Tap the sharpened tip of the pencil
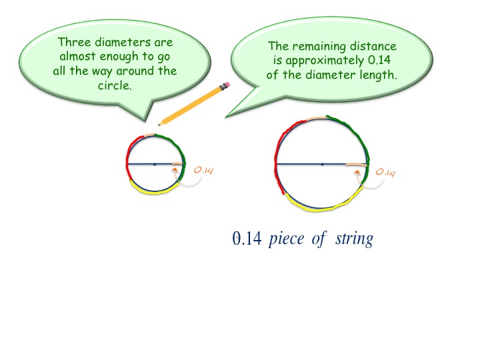pos(159,123)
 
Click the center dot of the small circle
pos(154,163)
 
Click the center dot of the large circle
pos(322,163)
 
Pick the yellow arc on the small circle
pos(152,189)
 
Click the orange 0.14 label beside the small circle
pos(203,171)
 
